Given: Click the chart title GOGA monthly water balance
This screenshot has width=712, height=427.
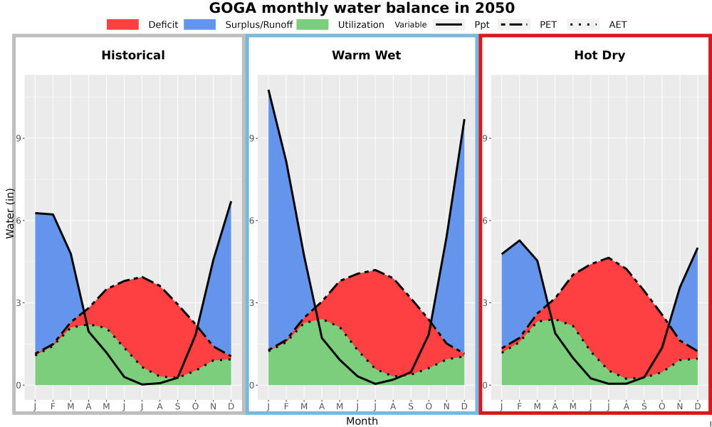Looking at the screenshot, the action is click(362, 8).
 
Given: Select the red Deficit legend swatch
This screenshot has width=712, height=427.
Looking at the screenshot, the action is click(122, 24).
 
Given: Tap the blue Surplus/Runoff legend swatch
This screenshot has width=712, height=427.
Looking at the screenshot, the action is click(200, 24).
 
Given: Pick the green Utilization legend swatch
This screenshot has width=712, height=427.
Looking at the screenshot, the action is click(313, 24).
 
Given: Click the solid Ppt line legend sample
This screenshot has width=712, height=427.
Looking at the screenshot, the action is click(448, 24).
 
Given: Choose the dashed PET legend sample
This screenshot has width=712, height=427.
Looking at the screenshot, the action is click(513, 24).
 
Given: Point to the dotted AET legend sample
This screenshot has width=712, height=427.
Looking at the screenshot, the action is click(583, 24).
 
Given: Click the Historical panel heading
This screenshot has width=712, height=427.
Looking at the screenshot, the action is click(133, 56).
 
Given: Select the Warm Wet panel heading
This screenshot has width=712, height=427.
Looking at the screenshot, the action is click(367, 56).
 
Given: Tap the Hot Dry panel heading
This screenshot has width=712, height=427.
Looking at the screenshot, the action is click(600, 56).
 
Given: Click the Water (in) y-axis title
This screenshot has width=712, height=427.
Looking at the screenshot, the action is click(11, 213).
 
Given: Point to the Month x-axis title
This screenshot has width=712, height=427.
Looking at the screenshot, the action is click(362, 421).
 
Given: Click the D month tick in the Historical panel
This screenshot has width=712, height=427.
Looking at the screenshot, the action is click(231, 406).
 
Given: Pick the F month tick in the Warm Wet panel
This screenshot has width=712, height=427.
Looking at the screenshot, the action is click(286, 406).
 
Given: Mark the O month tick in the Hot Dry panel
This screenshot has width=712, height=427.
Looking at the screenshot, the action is click(661, 406).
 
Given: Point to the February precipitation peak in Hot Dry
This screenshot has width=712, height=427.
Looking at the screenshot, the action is click(520, 241).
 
